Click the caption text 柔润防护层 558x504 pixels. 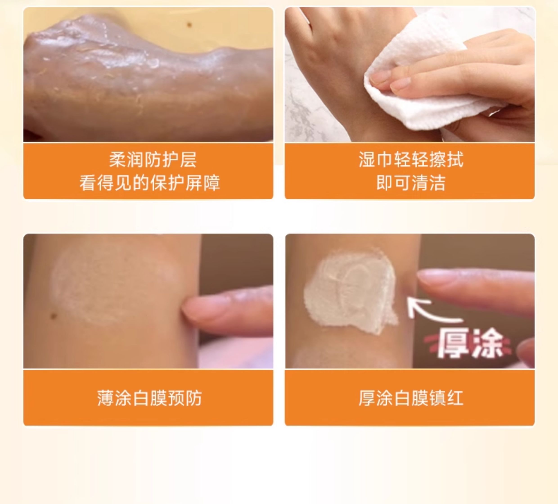[153, 160]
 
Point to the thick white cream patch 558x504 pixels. [350, 292]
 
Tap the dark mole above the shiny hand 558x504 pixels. [190, 25]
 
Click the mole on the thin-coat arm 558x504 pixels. [54, 315]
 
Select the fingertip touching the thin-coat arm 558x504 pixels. [194, 310]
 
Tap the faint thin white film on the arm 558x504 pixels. [113, 282]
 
